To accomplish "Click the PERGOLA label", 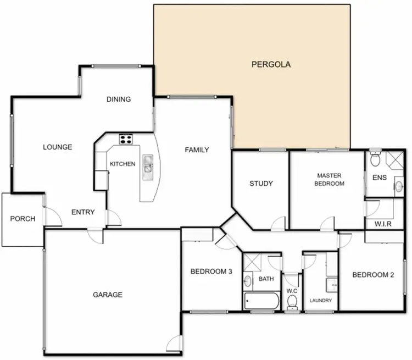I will coord(271,64).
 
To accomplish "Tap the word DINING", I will coord(119,99).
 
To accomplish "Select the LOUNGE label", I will coord(58,147).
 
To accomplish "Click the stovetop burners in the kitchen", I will coord(126,139).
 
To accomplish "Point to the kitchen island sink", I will coord(148,167).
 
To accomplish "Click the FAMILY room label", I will coord(197,149).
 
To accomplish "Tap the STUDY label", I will coord(261,184).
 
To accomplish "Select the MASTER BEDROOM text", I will coord(330,179).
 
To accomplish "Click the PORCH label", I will coord(23,219).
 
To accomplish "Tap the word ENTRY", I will coord(83,212).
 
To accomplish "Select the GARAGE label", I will coord(107,295).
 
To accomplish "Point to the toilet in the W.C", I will coord(292,301).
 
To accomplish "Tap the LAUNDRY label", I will coord(320,301).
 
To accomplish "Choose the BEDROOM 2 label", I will coord(373,275).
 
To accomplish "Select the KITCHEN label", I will coord(123,164).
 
